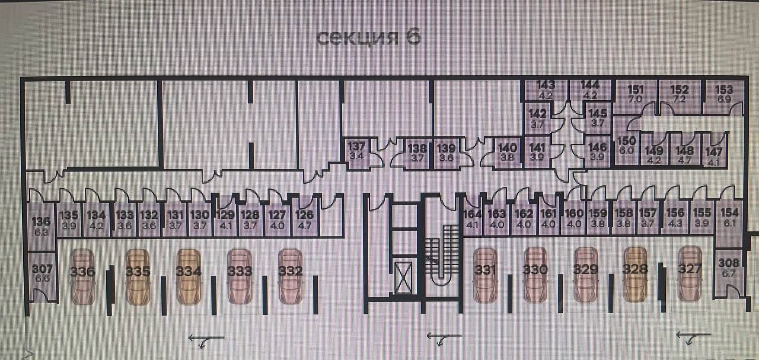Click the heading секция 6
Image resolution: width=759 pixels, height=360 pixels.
(x=368, y=37)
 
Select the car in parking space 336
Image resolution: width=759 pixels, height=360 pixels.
(x=82, y=276)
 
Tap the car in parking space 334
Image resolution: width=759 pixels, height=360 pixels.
(x=189, y=276)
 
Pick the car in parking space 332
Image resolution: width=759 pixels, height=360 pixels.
(x=291, y=276)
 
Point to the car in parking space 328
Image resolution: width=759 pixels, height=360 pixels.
(x=635, y=273)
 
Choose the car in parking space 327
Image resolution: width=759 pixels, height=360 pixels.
(x=690, y=273)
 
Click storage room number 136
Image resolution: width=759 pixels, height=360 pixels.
(x=41, y=225)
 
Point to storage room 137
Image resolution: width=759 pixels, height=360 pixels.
(x=356, y=151)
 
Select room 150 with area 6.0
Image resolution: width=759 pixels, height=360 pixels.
(x=627, y=145)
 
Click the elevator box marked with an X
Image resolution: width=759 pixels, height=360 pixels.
(x=406, y=278)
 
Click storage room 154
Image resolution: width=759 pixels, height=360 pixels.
(x=729, y=216)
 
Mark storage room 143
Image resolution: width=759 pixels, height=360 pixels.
(x=545, y=90)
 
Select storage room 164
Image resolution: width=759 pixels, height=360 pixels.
(x=472, y=219)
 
